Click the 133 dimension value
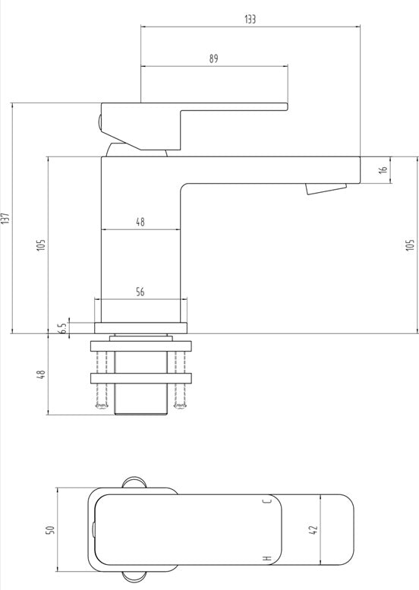point(250,19)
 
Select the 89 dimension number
point(213,58)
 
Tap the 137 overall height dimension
point(5,218)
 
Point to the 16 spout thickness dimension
point(383,169)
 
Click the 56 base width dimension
point(140,292)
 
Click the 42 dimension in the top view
point(314,530)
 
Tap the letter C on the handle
point(267,501)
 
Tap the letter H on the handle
point(267,558)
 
